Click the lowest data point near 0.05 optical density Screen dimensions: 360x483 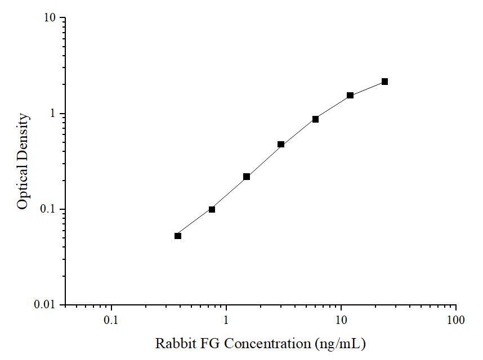pyautogui.click(x=178, y=236)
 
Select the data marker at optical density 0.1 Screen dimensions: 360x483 pyautogui.click(x=212, y=209)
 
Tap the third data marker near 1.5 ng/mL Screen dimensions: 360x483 pyautogui.click(x=247, y=177)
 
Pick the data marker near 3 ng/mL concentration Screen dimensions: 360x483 pyautogui.click(x=281, y=145)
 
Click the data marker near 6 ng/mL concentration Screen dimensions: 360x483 pyautogui.click(x=316, y=119)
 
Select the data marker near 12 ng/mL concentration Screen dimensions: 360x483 pyautogui.click(x=350, y=96)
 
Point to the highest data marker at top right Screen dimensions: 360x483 pyautogui.click(x=385, y=82)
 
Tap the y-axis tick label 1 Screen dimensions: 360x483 pyautogui.click(x=53, y=114)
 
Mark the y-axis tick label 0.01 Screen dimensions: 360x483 pyautogui.click(x=45, y=305)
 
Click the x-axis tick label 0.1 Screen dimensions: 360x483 pyautogui.click(x=111, y=321)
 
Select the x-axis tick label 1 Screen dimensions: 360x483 pyautogui.click(x=226, y=321)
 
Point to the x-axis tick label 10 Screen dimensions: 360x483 pyautogui.click(x=341, y=321)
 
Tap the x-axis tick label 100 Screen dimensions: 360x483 pyautogui.click(x=455, y=321)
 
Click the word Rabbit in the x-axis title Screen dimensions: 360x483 pyautogui.click(x=173, y=343)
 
